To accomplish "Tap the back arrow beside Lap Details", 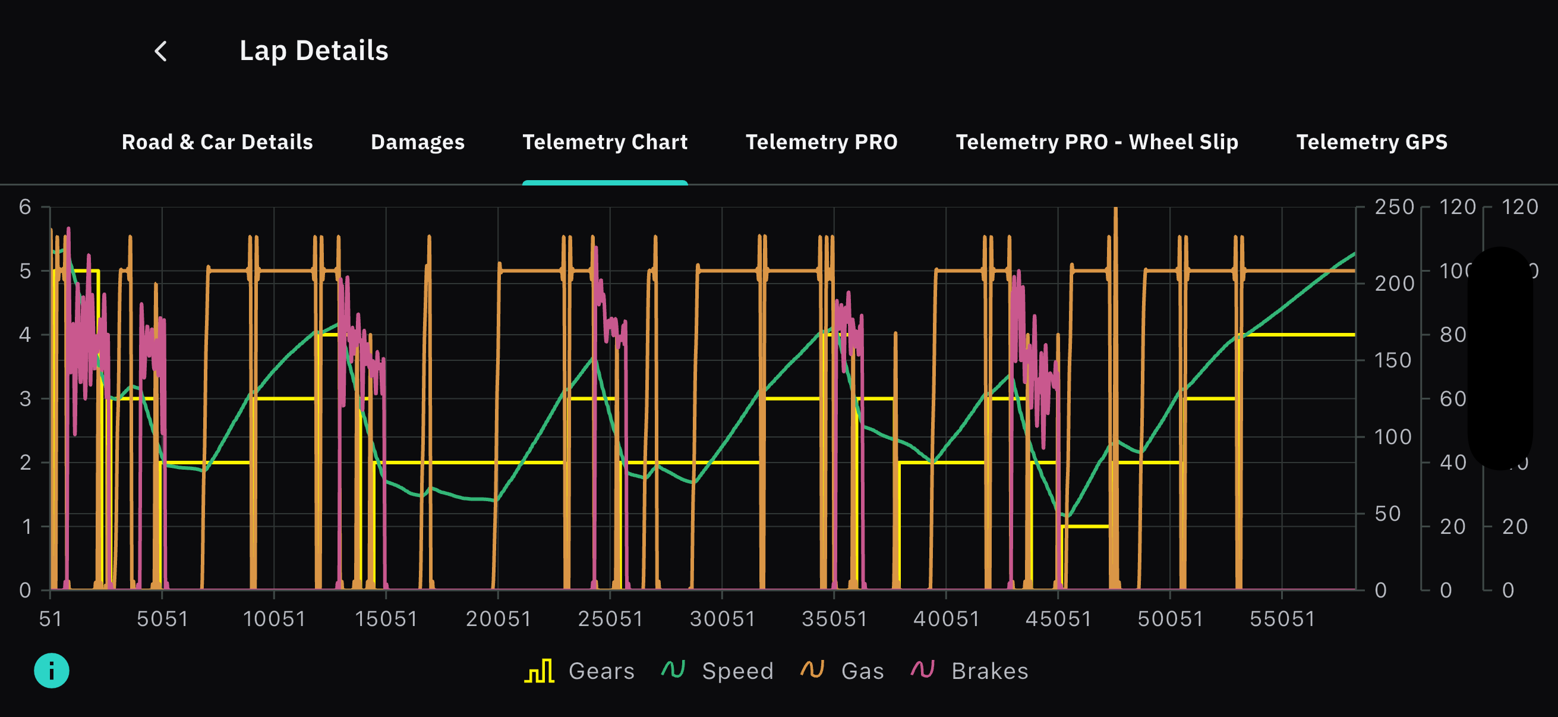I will (161, 52).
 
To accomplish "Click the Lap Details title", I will (313, 51).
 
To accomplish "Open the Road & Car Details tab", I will (217, 142).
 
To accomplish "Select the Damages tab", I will (417, 142).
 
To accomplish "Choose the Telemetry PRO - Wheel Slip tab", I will (1096, 142).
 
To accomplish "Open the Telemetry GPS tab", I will (1371, 142).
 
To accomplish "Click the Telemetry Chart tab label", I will (605, 142).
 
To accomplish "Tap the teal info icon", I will (52, 671).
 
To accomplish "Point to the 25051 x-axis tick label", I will (610, 619).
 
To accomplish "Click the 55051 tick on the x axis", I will (1282, 619).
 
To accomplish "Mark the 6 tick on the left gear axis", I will (25, 207).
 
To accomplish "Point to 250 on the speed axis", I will (1394, 207).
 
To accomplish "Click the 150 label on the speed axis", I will (1392, 361).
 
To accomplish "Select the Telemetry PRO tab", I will (821, 142).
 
